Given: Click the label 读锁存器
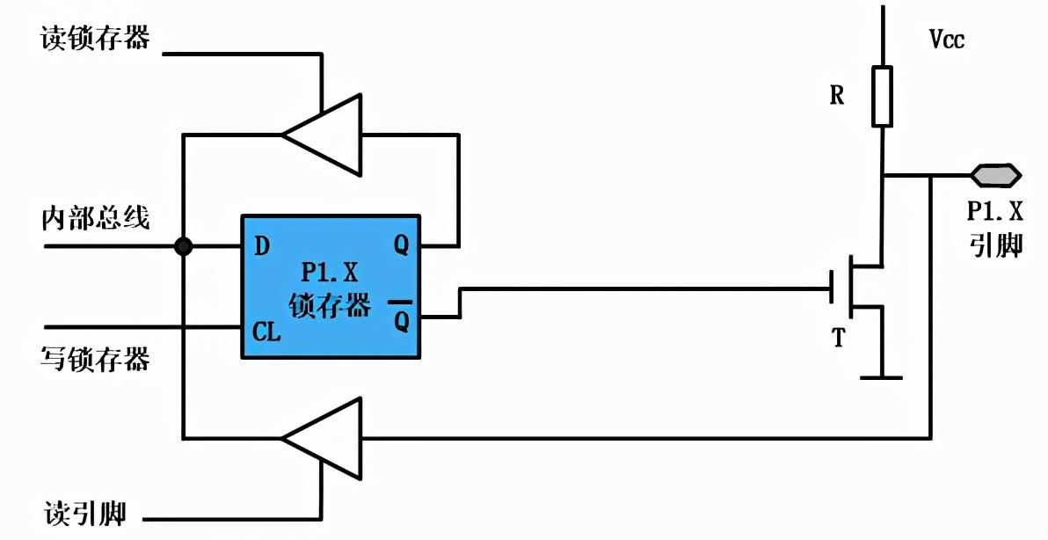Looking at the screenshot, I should (95, 38).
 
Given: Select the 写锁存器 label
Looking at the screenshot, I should (95, 358).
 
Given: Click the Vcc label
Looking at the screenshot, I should (947, 39).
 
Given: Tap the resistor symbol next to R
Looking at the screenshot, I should (882, 95).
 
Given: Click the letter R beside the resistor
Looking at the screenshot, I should (837, 96).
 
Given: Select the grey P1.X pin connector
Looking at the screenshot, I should (995, 175).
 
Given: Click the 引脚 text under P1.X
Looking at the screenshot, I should (995, 244).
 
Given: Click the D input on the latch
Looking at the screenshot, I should (261, 245).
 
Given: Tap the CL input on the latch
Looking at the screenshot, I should (266, 332).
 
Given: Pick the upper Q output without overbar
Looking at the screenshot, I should (401, 245).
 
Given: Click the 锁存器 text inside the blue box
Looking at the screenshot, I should (330, 306).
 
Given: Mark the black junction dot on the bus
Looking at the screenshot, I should (183, 246).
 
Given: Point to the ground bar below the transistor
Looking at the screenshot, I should (881, 377).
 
